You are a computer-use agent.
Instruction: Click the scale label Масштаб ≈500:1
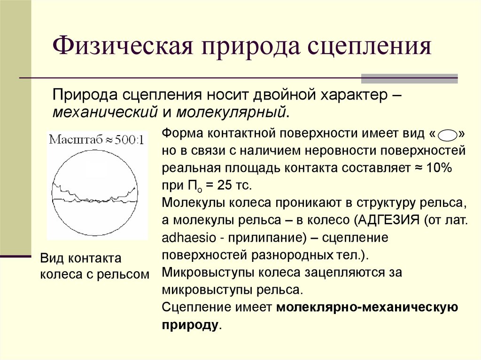pos(96,139)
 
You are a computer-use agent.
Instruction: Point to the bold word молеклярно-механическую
pos(367,308)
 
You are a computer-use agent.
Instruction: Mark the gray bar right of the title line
pos(409,78)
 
